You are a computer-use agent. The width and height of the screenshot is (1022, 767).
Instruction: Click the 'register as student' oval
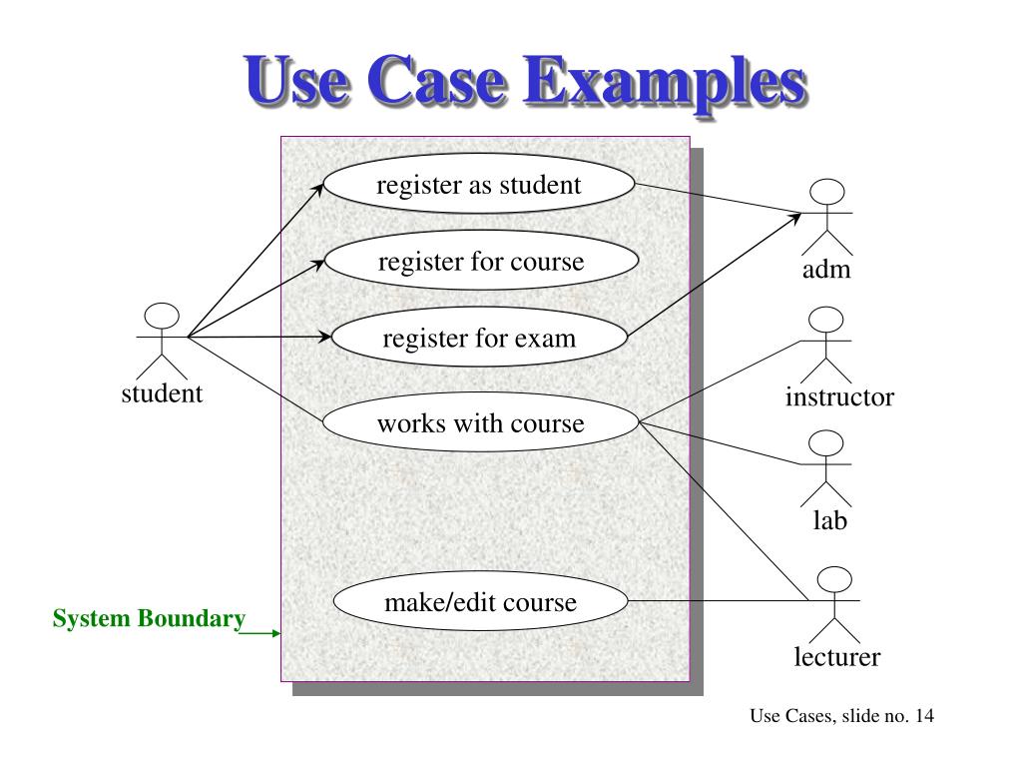point(478,184)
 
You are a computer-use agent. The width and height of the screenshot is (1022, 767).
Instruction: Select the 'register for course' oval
point(481,261)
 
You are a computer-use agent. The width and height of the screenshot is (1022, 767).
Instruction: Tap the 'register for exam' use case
point(479,338)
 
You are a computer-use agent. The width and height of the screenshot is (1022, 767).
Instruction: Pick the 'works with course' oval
point(480,422)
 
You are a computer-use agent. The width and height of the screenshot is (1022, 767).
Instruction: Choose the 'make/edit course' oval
point(480,601)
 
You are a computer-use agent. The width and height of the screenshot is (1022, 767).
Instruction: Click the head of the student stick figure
point(162,317)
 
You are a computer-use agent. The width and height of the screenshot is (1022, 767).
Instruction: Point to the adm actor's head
point(827,193)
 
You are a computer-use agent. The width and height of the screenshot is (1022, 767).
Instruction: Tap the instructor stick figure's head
point(825,321)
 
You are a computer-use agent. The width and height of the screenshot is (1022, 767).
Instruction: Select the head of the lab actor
point(825,443)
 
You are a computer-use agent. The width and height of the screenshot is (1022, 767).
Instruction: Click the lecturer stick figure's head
point(834,580)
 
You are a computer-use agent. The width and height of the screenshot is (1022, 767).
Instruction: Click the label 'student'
point(162,393)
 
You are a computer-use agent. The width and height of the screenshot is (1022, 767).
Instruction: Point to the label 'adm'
point(826,269)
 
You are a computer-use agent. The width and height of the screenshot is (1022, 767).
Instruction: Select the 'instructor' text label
point(839,396)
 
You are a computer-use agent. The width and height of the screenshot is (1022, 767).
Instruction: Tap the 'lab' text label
point(829,520)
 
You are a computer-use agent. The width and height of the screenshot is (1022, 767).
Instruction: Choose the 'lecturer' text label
point(837,657)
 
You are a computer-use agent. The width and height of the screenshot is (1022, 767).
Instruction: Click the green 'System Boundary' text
point(150,618)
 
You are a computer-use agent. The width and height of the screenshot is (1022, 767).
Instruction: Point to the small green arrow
point(259,632)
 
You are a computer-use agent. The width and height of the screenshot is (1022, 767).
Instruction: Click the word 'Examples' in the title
point(666,82)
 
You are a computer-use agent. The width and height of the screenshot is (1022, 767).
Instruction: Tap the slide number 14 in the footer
point(924,715)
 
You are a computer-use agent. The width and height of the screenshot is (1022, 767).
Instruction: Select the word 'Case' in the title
point(437,80)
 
